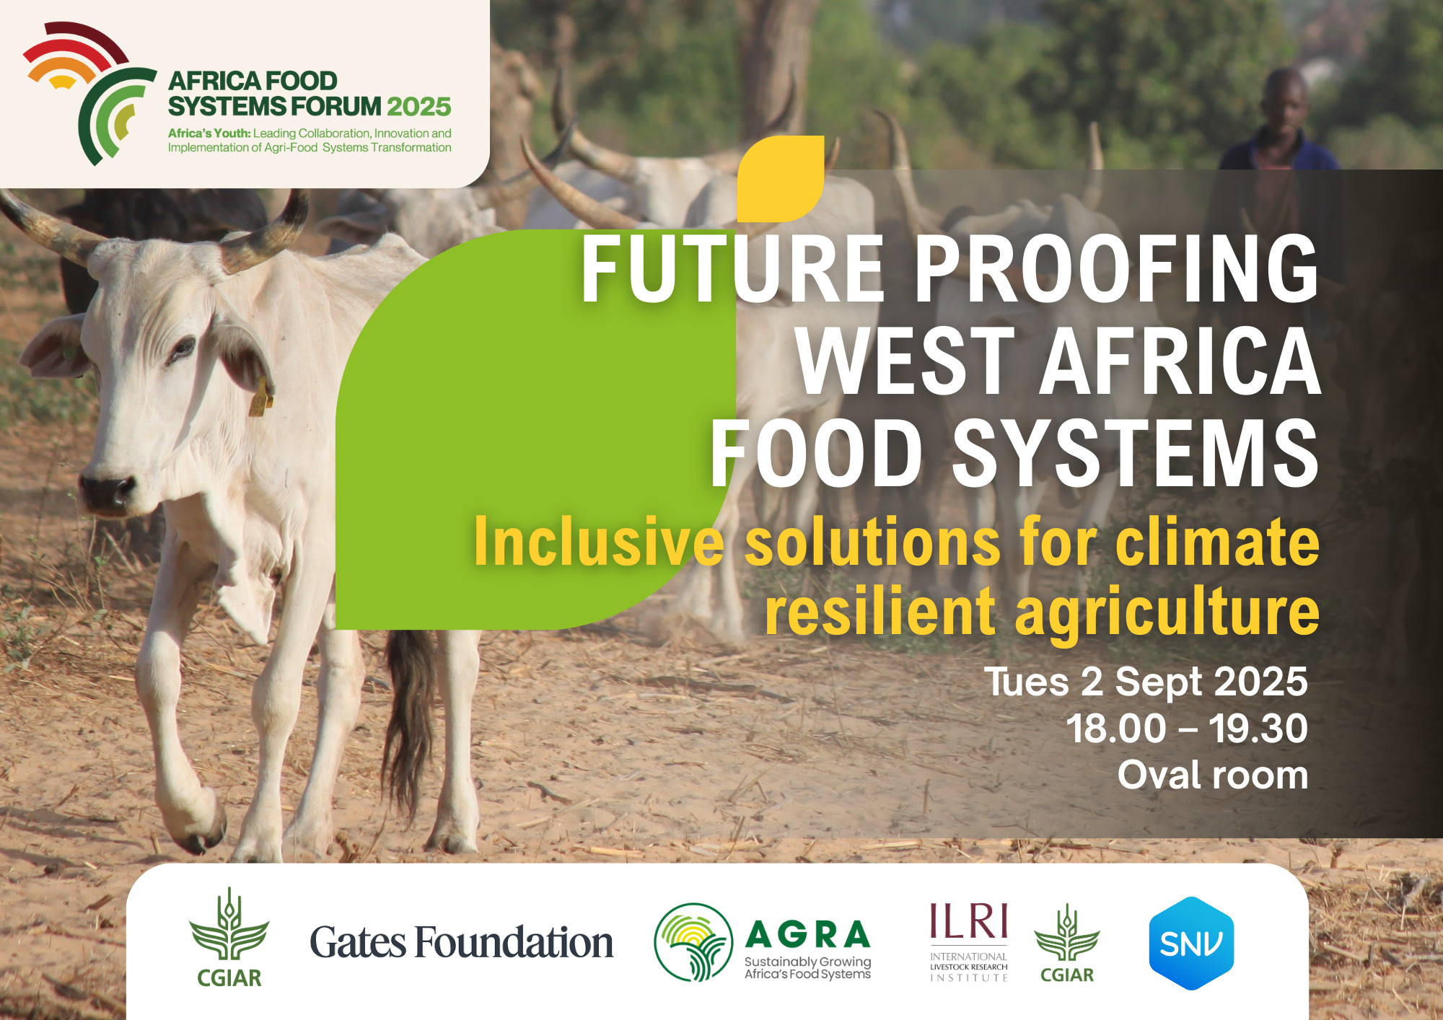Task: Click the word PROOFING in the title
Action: click(1116, 268)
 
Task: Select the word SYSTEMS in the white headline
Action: click(1136, 454)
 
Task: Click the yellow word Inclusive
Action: click(598, 542)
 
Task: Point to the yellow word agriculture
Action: click(1167, 612)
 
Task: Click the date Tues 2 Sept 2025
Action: click(1146, 682)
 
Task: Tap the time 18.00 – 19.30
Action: click(1187, 729)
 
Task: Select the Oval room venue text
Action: click(1212, 775)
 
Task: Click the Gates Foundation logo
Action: click(461, 942)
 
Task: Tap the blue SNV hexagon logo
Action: click(1191, 943)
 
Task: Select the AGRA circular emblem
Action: click(693, 942)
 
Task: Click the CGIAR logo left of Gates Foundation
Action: click(229, 938)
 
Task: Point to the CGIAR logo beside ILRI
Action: click(1067, 944)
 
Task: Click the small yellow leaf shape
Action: click(780, 178)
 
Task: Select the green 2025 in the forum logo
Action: click(418, 107)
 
